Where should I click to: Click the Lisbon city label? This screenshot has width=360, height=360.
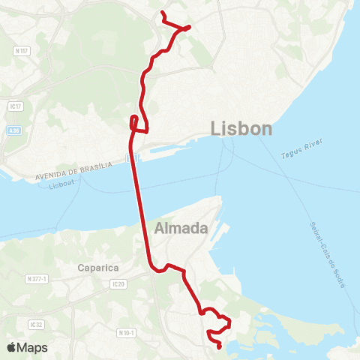[x=242, y=128]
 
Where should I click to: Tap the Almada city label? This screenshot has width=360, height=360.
[x=181, y=228]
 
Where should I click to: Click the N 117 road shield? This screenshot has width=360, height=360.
[x=21, y=51]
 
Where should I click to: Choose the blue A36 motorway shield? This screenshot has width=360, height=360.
[x=13, y=130]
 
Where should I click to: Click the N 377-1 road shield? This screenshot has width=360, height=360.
[x=36, y=278]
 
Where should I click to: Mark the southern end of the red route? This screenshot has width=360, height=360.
[x=218, y=346]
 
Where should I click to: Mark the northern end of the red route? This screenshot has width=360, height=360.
[x=162, y=13]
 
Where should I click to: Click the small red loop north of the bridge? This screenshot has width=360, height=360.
[x=133, y=121]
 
